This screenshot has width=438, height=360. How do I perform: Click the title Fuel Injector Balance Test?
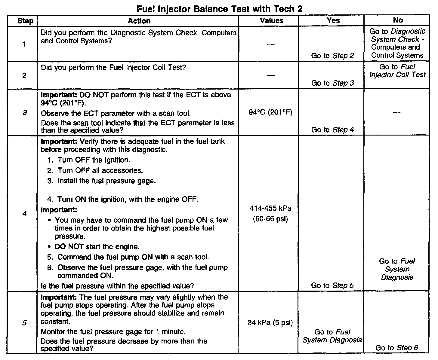point(219,9)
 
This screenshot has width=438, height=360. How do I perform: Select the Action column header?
point(139,21)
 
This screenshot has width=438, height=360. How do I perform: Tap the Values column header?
point(272,20)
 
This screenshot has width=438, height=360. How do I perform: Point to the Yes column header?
point(333,20)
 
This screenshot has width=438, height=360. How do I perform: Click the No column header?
point(398,20)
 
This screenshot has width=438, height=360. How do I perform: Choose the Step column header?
point(25,21)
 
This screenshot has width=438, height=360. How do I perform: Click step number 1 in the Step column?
point(24,44)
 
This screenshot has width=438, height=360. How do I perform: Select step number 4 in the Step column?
point(24,214)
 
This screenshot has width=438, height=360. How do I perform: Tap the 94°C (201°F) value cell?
point(271,113)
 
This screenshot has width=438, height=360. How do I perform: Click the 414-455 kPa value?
point(270,208)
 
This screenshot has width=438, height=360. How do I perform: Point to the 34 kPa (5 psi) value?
point(270,323)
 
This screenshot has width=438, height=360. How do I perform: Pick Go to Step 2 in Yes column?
point(332,56)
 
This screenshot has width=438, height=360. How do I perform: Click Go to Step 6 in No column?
point(396,348)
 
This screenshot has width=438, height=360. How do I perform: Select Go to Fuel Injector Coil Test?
point(397,71)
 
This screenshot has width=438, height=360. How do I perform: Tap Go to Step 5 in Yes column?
point(332,285)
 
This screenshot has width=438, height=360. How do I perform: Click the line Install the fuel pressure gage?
point(106,181)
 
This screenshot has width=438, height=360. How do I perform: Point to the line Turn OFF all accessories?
point(100,170)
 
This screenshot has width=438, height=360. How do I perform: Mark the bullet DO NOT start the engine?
point(97,247)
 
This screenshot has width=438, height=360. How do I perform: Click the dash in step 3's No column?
point(397,112)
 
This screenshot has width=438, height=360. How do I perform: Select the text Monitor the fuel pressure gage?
point(113,332)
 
